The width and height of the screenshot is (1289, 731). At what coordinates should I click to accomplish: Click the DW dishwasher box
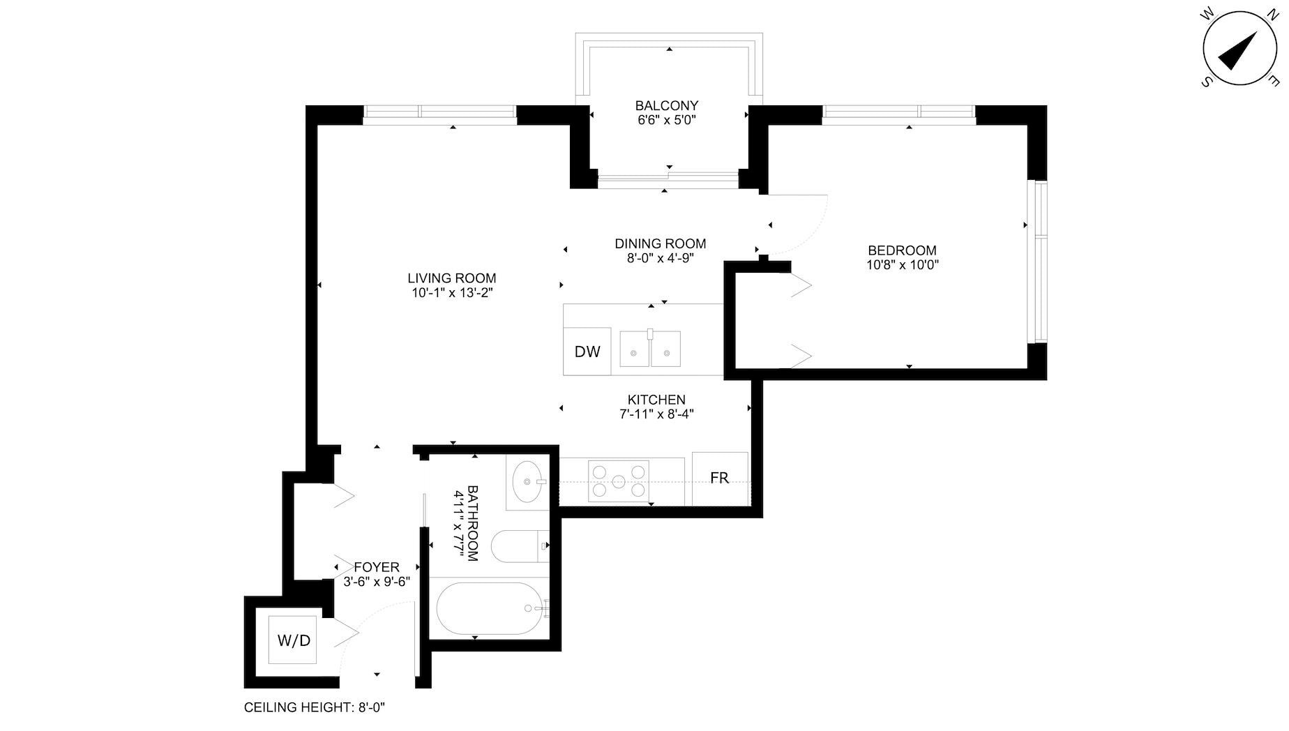point(587,352)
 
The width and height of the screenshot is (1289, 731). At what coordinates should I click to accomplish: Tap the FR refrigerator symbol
point(719,478)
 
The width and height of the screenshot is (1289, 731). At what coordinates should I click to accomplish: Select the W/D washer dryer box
point(294,640)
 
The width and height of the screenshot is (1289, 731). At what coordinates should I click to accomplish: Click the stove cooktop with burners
point(618,481)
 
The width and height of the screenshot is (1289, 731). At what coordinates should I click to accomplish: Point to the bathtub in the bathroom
point(489,608)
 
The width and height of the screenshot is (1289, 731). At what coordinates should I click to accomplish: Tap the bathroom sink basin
point(527,481)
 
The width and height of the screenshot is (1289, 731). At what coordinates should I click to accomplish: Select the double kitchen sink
point(650,349)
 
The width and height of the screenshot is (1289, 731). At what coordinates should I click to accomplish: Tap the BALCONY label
point(666,105)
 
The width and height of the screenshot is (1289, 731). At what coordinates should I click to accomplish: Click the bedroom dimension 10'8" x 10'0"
point(902,265)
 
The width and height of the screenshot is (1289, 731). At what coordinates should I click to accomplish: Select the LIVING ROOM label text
point(452,278)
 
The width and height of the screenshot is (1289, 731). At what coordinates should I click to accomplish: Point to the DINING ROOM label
point(660,243)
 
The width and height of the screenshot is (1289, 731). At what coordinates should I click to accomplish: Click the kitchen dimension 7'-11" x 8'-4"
point(656,414)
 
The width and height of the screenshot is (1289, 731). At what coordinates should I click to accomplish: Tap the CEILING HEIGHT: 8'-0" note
point(315,707)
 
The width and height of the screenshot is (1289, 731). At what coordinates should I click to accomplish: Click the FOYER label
point(377,567)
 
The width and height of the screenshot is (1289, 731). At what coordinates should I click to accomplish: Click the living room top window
point(439,114)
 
